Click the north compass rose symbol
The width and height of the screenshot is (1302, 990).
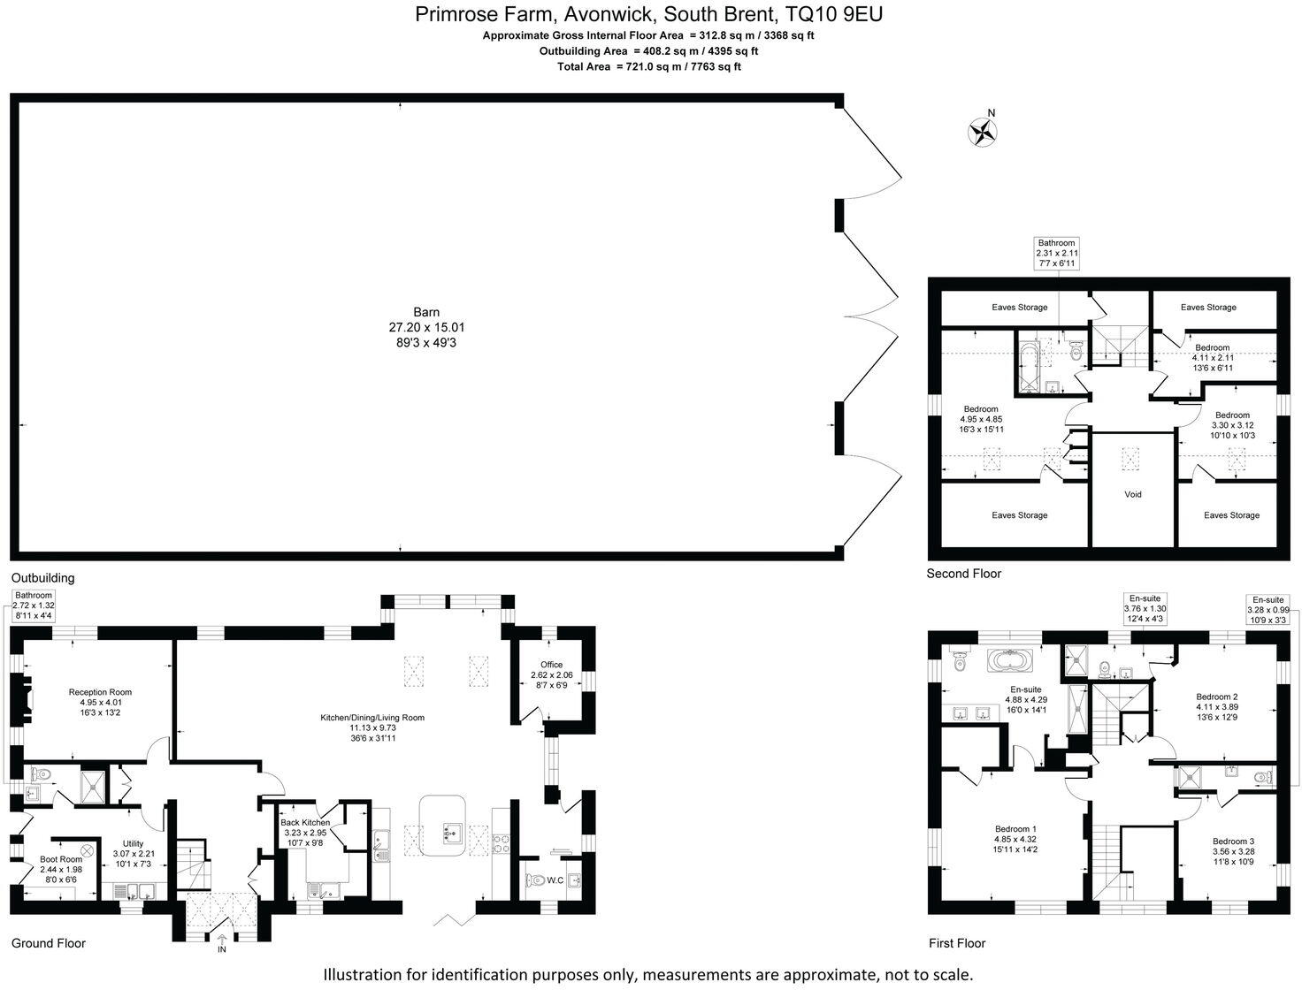[x=983, y=132]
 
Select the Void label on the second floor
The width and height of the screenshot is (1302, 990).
[x=1132, y=494]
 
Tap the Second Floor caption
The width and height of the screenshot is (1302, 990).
[x=963, y=574]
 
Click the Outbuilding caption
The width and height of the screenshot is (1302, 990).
[x=42, y=578]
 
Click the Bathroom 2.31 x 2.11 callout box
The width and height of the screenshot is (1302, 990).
[x=1057, y=253]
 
